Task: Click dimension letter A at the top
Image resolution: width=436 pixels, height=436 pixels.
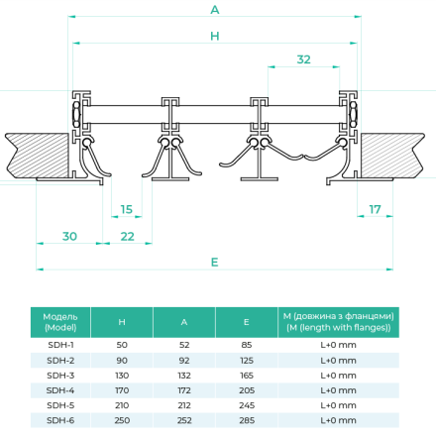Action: tap(215, 10)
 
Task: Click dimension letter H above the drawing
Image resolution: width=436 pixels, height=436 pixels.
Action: tap(215, 36)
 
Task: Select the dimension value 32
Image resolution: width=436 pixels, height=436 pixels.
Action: tap(303, 59)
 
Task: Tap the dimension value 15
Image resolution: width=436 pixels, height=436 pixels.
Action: tap(126, 209)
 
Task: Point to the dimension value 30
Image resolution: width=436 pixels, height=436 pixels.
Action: tap(69, 236)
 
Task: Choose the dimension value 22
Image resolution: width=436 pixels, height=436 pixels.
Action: tap(127, 236)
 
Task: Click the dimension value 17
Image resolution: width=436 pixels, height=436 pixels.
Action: tap(375, 209)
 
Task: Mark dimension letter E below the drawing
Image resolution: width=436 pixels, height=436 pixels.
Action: tap(215, 263)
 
